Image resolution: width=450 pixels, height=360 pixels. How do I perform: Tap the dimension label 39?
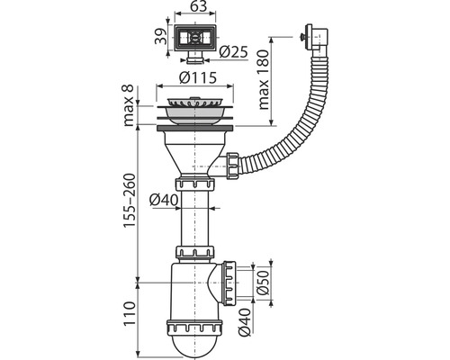pos(160,36)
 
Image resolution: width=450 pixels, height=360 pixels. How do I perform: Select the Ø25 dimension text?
pos(233,52)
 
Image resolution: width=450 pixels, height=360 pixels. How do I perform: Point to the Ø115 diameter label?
pos(197,77)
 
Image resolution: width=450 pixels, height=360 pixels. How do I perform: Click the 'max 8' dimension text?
pos(129,106)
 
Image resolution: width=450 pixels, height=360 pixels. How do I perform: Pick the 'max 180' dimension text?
pos(264,79)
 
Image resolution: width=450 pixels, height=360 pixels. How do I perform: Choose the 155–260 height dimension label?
pos(130,201)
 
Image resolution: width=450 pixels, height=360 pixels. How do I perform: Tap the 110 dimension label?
pos(130,314)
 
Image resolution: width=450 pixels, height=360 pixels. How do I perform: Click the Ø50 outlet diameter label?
pos(264,283)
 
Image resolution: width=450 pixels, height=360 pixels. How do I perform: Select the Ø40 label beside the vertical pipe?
pos(165,200)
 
